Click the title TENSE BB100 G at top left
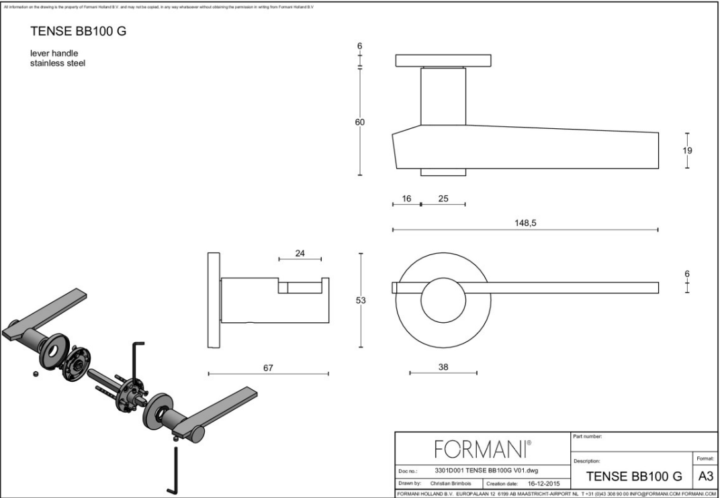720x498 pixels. [x=78, y=32]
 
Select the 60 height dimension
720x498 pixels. [x=360, y=122]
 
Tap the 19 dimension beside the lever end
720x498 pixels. [x=687, y=150]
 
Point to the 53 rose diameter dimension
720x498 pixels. [x=361, y=301]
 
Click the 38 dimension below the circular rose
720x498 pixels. [x=443, y=366]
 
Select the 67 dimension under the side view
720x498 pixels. [x=268, y=367]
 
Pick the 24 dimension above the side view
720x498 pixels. [x=300, y=253]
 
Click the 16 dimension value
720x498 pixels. [x=406, y=199]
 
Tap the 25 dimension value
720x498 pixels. [x=443, y=199]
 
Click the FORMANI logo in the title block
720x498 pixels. [x=483, y=446]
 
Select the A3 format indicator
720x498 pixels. [x=705, y=477]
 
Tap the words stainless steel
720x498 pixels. [x=57, y=63]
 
